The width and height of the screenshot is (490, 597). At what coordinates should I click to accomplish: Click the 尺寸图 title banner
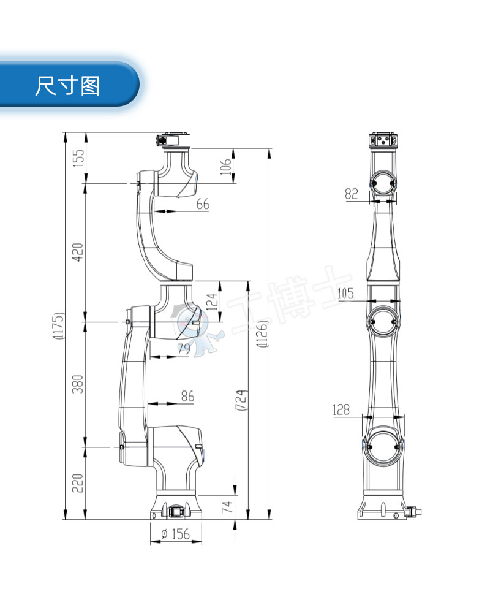67,85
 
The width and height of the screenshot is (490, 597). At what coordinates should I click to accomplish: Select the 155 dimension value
78,158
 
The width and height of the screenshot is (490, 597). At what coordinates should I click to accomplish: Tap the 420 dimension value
78,252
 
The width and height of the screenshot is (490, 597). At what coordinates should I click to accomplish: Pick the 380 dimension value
78,384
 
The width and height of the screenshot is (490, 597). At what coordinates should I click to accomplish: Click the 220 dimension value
78,483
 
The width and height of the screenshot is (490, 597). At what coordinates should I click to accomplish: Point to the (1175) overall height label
58,327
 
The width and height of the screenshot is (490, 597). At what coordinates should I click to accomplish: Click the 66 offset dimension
203,204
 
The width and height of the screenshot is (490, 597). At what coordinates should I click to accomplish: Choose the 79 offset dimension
184,349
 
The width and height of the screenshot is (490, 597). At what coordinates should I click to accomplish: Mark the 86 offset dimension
187,397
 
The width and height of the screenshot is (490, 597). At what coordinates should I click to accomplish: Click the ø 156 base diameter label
175,534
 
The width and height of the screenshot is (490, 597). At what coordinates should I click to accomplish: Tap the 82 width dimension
351,194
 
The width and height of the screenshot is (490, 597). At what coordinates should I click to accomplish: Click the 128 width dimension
341,409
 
